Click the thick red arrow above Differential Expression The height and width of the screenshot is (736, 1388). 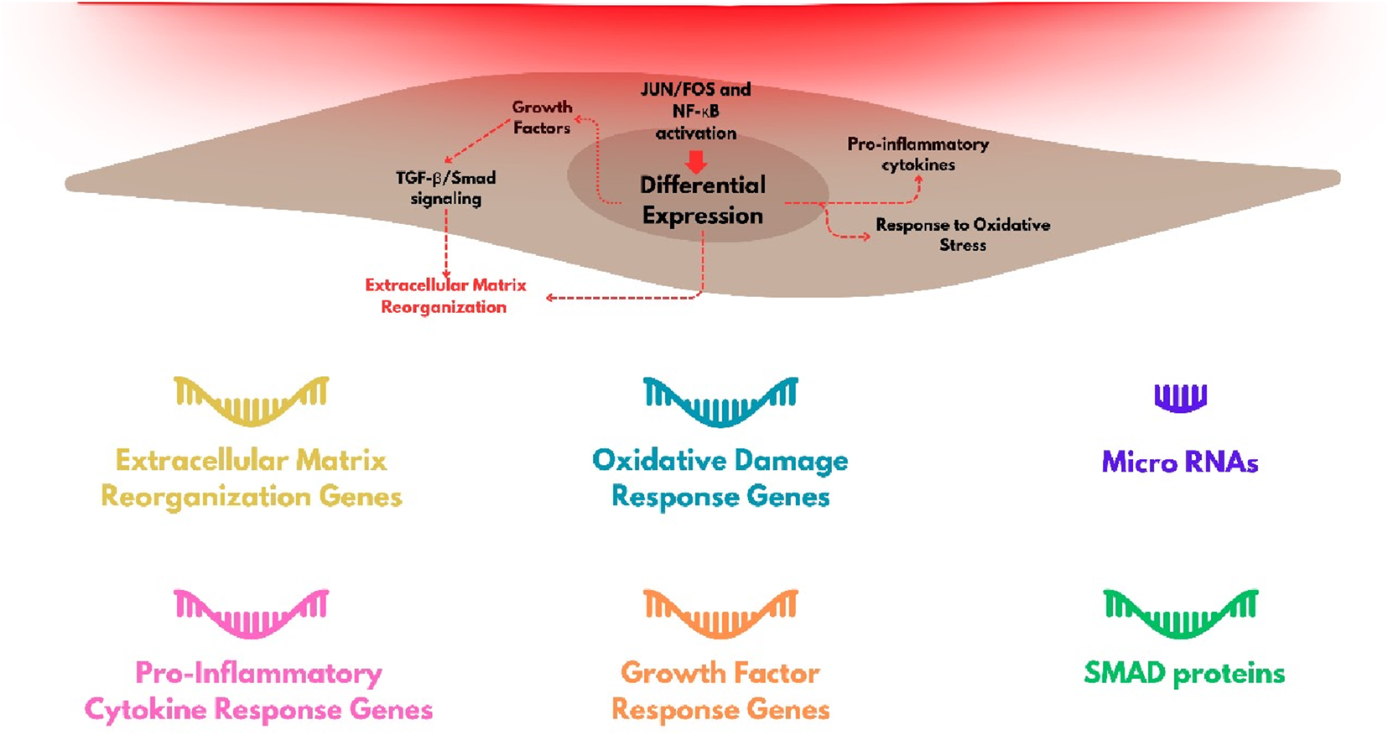click(x=696, y=160)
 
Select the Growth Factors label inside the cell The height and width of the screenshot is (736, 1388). click(x=542, y=117)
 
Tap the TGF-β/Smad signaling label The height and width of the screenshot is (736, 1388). click(x=445, y=188)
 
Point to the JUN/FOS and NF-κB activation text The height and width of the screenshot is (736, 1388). click(x=695, y=111)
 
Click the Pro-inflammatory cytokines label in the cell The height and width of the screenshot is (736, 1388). click(x=918, y=154)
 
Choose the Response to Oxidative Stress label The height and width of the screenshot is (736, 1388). click(x=963, y=235)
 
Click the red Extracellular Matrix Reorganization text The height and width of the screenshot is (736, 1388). click(x=445, y=295)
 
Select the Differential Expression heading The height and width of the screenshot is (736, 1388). click(x=703, y=201)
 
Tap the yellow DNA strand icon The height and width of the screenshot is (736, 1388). click(x=251, y=399)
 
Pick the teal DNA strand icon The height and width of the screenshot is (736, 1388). click(x=720, y=400)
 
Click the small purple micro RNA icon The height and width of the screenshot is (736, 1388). click(x=1180, y=398)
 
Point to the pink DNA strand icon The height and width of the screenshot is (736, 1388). click(x=251, y=613)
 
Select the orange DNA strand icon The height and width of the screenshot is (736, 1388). click(x=720, y=613)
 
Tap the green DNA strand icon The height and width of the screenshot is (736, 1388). click(x=1180, y=613)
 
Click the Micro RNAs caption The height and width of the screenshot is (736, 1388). click(x=1180, y=462)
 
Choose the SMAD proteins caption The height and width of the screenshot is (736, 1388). click(x=1184, y=673)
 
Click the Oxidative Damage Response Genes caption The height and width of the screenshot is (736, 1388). click(x=720, y=478)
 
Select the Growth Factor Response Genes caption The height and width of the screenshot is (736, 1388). click(x=720, y=691)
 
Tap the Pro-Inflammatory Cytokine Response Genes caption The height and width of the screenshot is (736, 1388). click(x=258, y=691)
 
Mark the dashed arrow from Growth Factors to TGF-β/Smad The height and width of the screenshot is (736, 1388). click(x=476, y=141)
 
